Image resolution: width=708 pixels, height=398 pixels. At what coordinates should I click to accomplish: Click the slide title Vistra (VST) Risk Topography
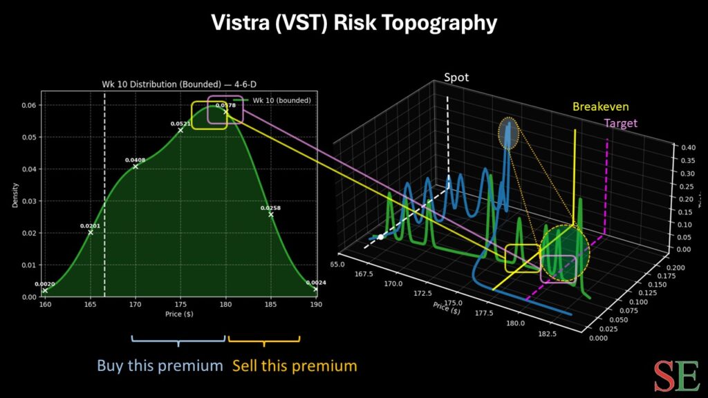[354, 23]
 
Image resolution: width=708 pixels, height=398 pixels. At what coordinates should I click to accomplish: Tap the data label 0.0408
[135, 160]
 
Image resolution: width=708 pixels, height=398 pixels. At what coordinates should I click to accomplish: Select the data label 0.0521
[180, 124]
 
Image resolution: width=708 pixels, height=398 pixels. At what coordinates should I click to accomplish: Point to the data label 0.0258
[270, 208]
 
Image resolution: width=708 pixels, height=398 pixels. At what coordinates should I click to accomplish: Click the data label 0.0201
[90, 226]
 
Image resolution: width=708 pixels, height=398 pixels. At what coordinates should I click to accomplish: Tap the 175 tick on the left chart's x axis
[180, 304]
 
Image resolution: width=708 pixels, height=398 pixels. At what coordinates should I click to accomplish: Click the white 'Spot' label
[456, 77]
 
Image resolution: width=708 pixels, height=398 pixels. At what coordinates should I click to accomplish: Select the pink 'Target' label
[620, 124]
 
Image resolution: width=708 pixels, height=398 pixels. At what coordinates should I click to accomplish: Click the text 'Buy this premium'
[160, 366]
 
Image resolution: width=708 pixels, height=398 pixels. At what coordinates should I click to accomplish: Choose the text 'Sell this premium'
[295, 366]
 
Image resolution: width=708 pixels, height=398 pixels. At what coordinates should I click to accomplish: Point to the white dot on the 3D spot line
[380, 237]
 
